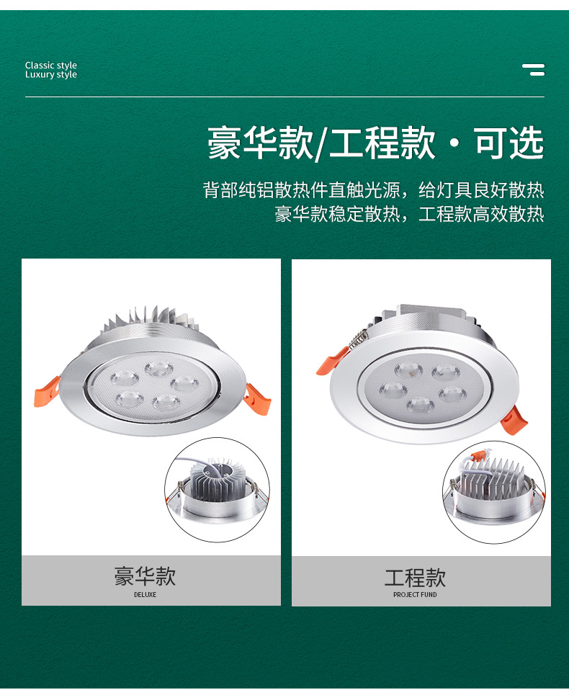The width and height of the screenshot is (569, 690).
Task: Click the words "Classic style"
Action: (x=50, y=66)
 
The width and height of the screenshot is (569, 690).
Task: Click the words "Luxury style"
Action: (x=50, y=75)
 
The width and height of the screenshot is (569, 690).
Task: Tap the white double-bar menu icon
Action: (x=534, y=70)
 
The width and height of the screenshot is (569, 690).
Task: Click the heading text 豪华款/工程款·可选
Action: (x=375, y=143)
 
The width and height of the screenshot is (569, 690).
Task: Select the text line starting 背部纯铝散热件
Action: (x=373, y=190)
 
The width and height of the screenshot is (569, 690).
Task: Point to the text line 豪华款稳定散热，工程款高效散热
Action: (x=409, y=214)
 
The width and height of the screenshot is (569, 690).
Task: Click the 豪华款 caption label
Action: (x=145, y=576)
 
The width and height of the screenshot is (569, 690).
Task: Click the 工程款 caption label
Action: (x=415, y=578)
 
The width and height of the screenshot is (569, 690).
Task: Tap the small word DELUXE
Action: (x=145, y=595)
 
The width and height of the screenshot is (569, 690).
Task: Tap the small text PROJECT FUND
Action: (x=415, y=595)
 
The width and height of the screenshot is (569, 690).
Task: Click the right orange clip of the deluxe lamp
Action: (x=255, y=398)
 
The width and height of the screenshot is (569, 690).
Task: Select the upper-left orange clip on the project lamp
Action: (x=332, y=359)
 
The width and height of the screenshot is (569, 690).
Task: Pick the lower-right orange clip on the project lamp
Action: (x=516, y=418)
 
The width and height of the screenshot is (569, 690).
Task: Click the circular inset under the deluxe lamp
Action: (x=217, y=490)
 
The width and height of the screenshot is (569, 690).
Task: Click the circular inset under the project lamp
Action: (x=494, y=492)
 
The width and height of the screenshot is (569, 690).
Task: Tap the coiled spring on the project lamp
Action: (x=358, y=336)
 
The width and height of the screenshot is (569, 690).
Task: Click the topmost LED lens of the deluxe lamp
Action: (x=158, y=369)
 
